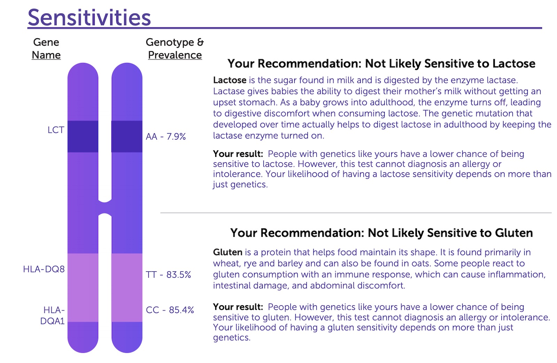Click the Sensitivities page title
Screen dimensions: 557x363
(89, 17)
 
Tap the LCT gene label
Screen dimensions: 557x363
(56, 130)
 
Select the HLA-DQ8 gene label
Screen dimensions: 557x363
(44, 269)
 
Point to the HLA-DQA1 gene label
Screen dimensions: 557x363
(53, 316)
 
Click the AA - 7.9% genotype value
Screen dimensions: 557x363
(166, 136)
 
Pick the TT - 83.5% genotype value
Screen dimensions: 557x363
(168, 275)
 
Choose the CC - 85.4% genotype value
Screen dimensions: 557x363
(170, 310)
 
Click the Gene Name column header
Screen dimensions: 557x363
(46, 48)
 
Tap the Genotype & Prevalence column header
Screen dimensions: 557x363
(175, 48)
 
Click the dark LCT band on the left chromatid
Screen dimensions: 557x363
(83, 136)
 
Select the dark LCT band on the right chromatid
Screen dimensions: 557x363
(127, 136)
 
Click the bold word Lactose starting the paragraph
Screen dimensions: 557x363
(230, 80)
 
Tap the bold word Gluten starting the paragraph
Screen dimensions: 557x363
(228, 252)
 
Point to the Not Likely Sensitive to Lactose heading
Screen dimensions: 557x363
(382, 64)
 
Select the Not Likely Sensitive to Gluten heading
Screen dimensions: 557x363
(382, 233)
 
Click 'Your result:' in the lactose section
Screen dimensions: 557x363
(238, 154)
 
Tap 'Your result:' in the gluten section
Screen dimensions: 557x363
(238, 307)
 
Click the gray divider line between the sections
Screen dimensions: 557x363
(356, 213)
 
